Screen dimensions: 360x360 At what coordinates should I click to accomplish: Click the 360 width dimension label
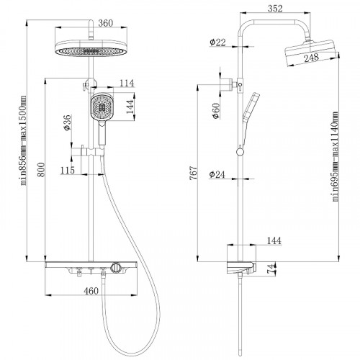[106, 23]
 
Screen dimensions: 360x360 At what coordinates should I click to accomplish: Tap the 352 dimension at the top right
[275, 9]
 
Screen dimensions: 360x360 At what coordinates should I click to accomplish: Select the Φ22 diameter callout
[217, 42]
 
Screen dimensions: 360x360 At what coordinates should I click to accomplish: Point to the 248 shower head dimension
[312, 58]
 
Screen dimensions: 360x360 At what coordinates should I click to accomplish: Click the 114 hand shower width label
[127, 83]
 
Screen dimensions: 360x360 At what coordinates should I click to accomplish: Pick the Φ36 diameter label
[68, 122]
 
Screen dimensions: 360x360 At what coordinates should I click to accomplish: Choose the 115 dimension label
[68, 170]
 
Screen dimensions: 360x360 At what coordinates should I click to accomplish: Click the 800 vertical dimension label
[41, 170]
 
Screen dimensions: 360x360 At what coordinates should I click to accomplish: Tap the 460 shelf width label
[91, 291]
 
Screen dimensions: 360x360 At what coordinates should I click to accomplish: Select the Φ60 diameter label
[216, 111]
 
